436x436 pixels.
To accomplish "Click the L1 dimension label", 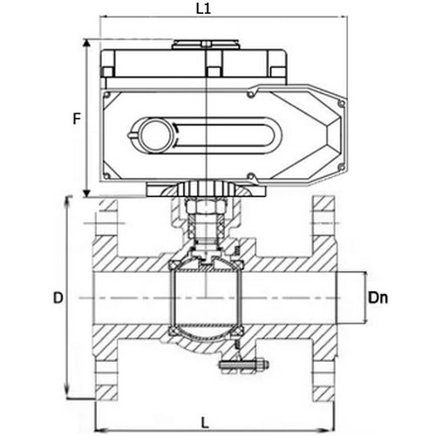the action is (x=203, y=9).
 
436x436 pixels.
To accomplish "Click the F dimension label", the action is (x=77, y=119).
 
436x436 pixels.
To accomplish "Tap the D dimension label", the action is (x=58, y=298).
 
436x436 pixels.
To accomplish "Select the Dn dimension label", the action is (x=378, y=298).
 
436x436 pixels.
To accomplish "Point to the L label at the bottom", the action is (x=205, y=423).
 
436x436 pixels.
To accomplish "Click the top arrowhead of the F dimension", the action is (x=86, y=44).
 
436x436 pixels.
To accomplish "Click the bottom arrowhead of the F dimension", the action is (x=86, y=193).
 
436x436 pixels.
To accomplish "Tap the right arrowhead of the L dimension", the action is (x=330, y=430).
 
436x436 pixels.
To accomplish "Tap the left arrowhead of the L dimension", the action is (x=101, y=430).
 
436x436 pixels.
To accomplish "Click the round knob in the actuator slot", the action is (x=154, y=136).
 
